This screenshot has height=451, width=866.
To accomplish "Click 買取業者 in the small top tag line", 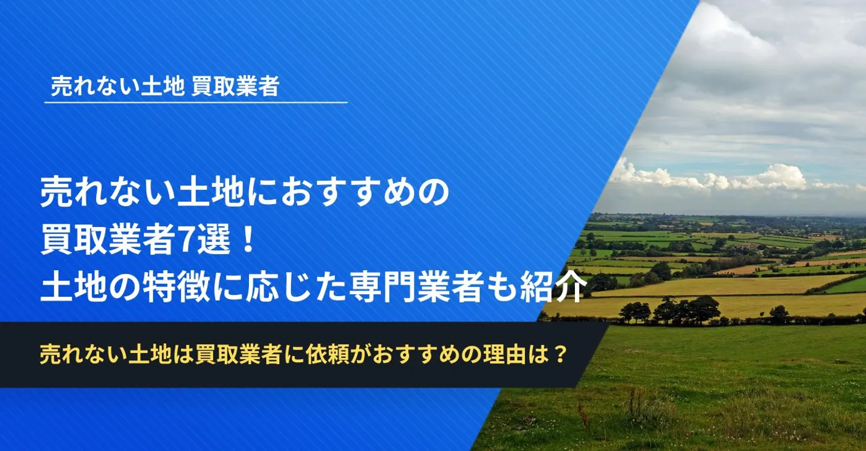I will pyautogui.click(x=235, y=87).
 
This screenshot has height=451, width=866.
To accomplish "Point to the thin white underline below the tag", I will pyautogui.click(x=196, y=103).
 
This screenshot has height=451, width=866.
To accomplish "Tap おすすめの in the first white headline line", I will pyautogui.click(x=352, y=195).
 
